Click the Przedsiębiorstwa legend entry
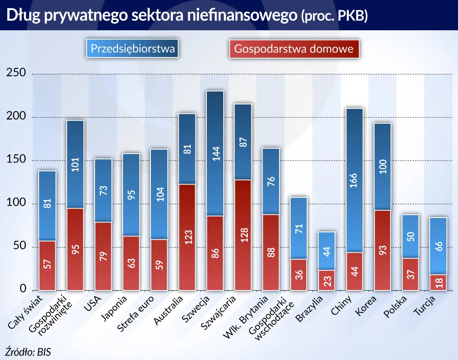132,49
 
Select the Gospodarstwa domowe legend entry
294,49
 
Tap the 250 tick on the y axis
16,73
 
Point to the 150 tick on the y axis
16,160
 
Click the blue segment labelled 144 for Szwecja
215,153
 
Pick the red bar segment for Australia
187,237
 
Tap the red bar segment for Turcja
438,282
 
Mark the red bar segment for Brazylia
327,280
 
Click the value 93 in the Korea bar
382,250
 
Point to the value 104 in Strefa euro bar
159,194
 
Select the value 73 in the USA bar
103,190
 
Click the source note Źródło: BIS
29,351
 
